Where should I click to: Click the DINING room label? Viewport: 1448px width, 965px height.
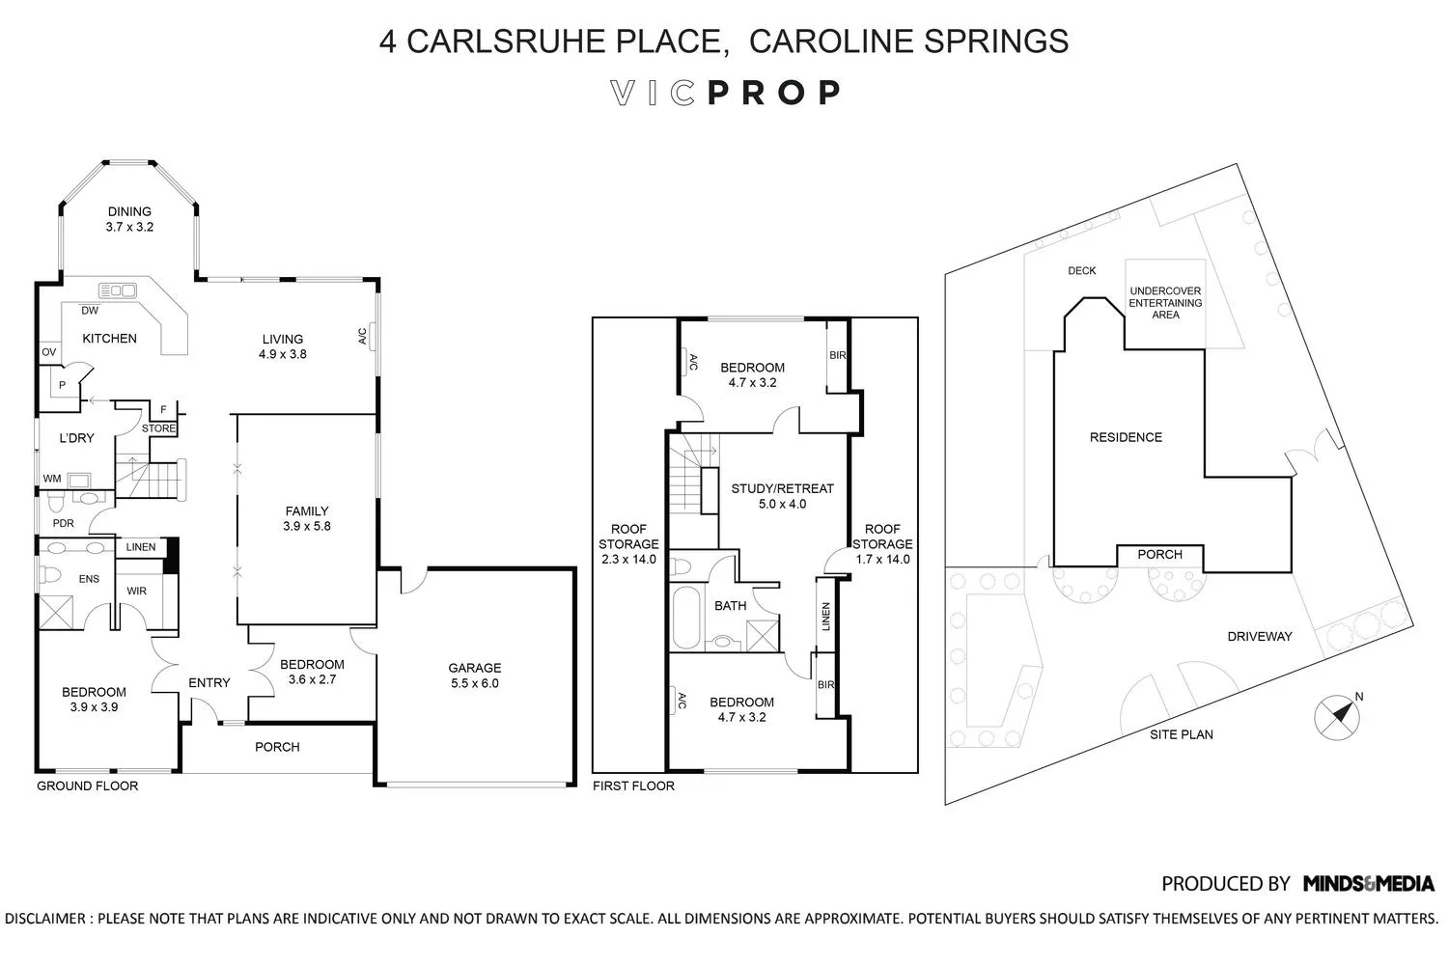(129, 212)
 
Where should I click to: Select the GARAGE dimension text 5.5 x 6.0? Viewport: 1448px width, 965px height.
(474, 683)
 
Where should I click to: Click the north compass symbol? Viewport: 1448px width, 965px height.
(1338, 716)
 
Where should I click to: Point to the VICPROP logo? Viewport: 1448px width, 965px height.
(724, 93)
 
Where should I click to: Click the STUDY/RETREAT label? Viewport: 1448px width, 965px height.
(782, 488)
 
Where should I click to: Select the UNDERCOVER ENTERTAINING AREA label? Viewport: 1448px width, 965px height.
(1165, 302)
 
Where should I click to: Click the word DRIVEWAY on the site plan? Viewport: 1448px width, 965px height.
(1259, 636)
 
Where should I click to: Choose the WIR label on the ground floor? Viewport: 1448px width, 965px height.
(136, 591)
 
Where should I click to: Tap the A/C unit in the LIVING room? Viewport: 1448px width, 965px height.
(370, 336)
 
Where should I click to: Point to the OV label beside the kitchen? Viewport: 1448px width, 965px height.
(48, 352)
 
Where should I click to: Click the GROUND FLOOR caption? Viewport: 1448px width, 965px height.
(87, 786)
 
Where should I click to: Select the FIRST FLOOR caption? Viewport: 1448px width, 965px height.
(633, 786)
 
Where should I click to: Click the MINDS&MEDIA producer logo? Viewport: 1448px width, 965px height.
(1368, 883)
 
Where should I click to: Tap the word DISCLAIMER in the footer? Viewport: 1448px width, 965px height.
(47, 919)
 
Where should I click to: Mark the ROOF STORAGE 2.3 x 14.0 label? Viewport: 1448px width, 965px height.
(628, 544)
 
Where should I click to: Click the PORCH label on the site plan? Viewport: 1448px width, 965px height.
(1159, 554)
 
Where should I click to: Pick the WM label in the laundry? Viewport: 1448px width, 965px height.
(51, 478)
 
